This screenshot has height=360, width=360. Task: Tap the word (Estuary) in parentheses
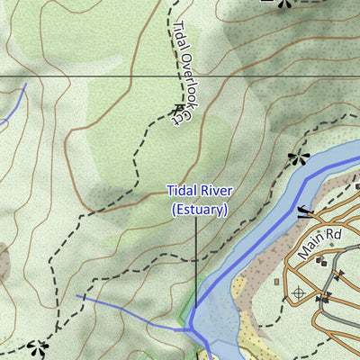[199, 209]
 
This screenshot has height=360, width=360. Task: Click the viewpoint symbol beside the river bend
[298, 159]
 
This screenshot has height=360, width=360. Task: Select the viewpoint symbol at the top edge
[285, 4]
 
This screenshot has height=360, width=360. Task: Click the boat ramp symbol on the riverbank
[304, 212]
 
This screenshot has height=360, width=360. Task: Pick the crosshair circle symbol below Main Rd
[299, 292]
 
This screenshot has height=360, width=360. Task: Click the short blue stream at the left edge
[14, 105]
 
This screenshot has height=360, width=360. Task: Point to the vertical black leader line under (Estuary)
[196, 261]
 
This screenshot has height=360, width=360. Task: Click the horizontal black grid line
[90, 76]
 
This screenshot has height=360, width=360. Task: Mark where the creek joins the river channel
[190, 329]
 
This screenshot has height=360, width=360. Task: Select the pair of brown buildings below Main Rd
[322, 260]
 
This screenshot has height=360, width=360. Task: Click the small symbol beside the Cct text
[173, 115]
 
